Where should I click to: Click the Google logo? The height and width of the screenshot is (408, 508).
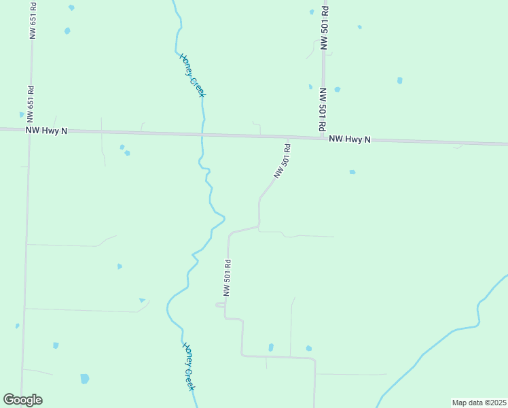point(23,400)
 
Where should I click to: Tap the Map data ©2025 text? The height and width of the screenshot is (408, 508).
point(479,402)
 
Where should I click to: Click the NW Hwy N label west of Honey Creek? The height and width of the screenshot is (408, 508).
point(47,130)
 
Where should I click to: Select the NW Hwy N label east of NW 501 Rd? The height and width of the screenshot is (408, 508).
point(350,139)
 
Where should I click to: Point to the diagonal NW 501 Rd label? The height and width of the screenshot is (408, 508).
point(282,161)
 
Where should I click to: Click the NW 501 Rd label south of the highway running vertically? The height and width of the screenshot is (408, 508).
point(228,277)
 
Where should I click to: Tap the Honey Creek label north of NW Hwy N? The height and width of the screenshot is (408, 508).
point(192,75)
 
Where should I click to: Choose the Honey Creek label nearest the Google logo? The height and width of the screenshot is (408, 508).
point(189,366)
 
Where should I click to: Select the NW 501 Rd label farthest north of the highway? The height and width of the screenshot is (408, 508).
point(325,28)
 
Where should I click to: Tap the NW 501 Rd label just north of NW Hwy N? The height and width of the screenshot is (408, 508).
point(323,109)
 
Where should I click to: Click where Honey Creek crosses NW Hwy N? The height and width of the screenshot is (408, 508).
point(202,134)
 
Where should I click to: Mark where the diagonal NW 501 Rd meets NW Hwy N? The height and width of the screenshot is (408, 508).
point(289,137)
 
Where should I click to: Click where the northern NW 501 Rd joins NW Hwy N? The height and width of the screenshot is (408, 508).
point(323,138)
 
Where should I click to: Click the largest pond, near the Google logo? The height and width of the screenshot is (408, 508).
point(84,379)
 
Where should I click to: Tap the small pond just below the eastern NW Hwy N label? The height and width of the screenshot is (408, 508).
point(352,172)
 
